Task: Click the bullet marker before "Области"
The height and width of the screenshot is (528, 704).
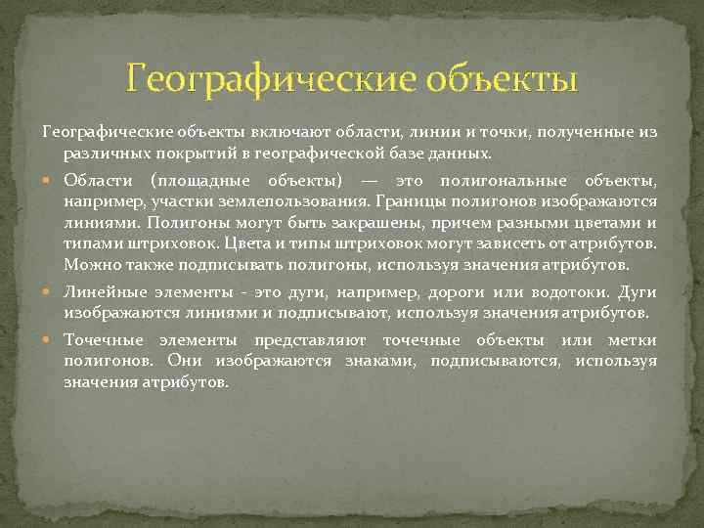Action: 51,181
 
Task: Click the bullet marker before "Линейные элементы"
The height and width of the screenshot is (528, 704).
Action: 51,292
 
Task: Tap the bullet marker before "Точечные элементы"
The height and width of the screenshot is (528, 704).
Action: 51,340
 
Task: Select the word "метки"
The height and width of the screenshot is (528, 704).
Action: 634,340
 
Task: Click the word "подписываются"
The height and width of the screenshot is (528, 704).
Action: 496,361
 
